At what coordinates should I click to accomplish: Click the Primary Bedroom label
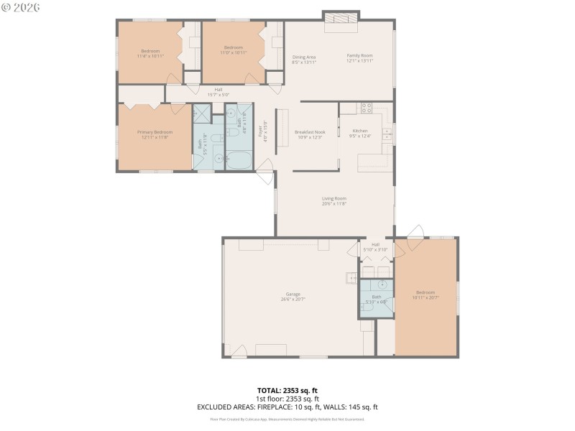click(x=155, y=132)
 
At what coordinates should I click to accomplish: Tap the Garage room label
click(x=293, y=294)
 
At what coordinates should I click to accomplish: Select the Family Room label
click(x=359, y=55)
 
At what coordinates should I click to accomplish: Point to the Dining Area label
click(x=304, y=57)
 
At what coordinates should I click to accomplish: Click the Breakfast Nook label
click(x=310, y=132)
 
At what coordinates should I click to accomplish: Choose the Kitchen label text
click(x=359, y=131)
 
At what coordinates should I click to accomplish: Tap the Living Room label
click(x=334, y=199)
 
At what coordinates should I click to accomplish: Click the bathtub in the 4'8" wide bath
click(x=239, y=159)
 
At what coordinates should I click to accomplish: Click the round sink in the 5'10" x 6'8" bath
click(x=383, y=284)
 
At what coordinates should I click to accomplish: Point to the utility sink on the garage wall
click(x=351, y=277)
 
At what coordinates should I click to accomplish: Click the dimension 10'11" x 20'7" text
click(x=425, y=297)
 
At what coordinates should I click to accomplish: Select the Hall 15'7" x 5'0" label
click(x=218, y=92)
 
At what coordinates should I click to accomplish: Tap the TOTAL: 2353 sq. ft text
click(x=287, y=390)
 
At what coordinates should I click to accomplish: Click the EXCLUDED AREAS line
click(x=287, y=407)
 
